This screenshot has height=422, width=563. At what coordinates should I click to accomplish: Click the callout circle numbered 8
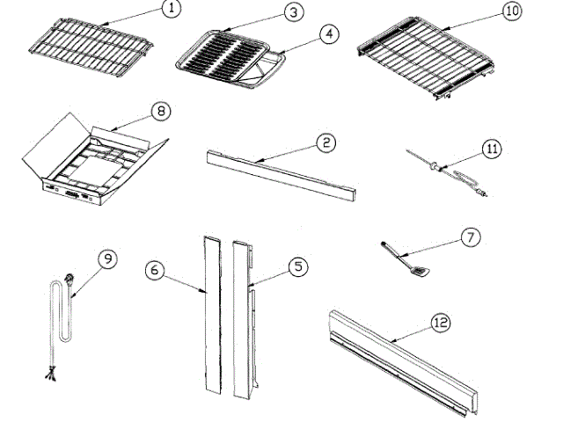tap(162, 112)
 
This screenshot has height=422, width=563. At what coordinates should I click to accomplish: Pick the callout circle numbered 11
tap(492, 149)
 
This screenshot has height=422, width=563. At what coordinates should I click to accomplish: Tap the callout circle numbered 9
tap(107, 259)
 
